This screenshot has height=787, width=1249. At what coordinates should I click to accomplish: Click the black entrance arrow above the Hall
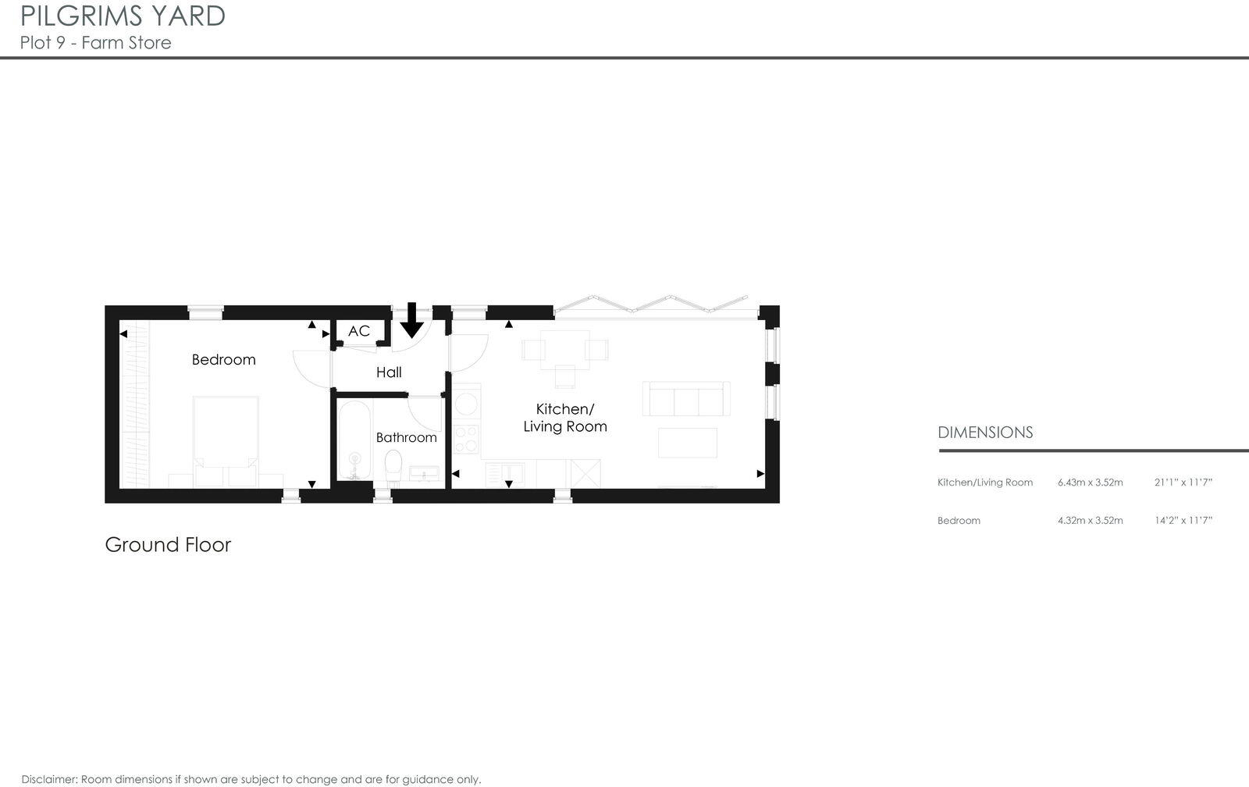(412, 319)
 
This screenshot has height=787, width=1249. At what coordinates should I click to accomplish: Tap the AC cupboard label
(359, 331)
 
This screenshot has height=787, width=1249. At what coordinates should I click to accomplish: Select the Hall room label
(389, 372)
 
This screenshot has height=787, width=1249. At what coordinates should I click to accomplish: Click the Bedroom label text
(223, 360)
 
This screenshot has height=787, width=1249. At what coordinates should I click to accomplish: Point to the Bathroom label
(406, 437)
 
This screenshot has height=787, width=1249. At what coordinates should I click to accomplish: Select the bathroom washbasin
(422, 472)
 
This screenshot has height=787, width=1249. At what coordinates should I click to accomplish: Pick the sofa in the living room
(685, 399)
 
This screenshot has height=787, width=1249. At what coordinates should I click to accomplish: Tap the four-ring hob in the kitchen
(466, 439)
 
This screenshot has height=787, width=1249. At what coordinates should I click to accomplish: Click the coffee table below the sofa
(687, 443)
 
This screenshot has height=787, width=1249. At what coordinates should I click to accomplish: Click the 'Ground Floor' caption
(168, 544)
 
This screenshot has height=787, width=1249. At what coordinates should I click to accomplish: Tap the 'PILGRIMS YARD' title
(123, 16)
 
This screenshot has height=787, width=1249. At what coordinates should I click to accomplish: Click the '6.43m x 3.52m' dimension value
(1090, 483)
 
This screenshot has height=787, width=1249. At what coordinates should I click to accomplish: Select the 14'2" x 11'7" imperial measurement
(1183, 521)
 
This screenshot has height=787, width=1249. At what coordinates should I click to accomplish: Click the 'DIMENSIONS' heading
(984, 433)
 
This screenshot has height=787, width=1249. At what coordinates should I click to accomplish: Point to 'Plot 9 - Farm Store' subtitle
(96, 43)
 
